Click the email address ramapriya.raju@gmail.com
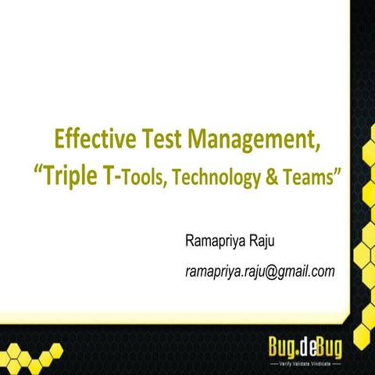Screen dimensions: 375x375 260,270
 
